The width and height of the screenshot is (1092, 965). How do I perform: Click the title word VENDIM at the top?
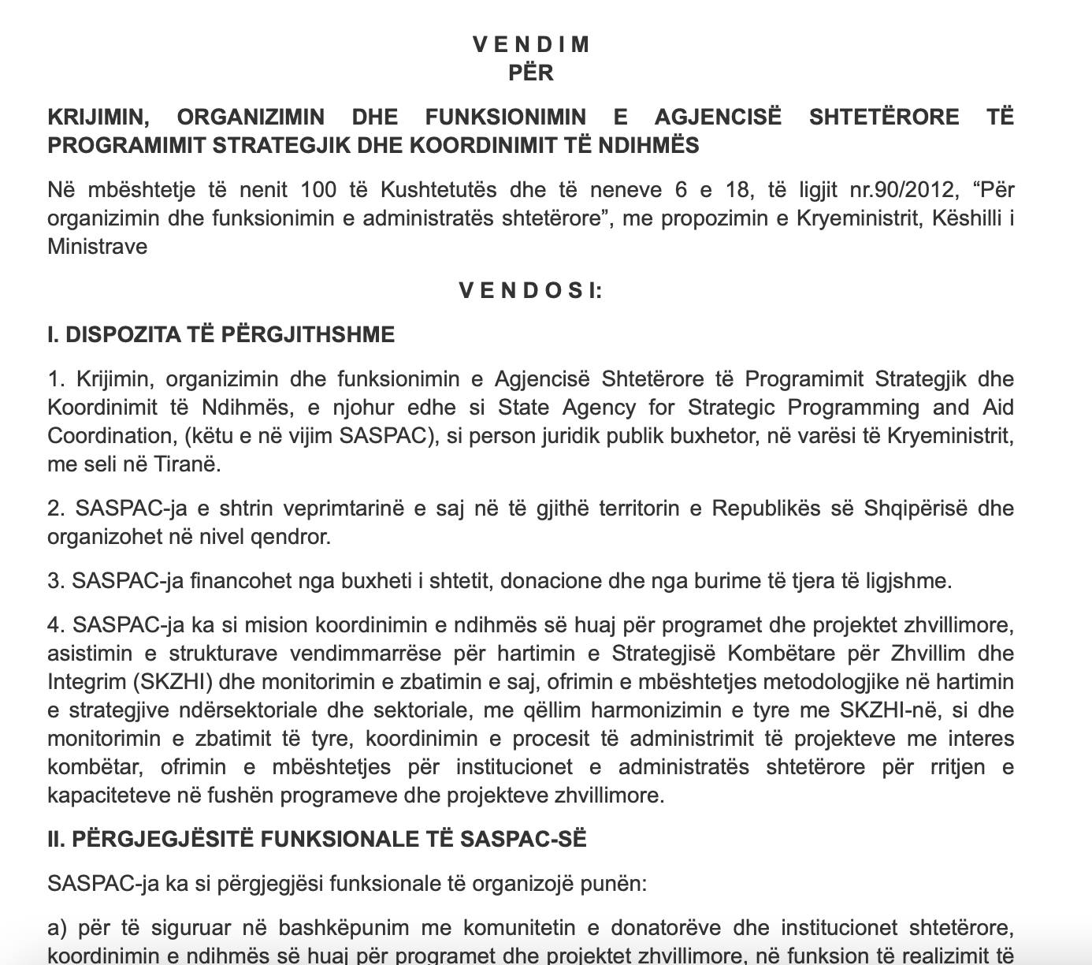point(531,44)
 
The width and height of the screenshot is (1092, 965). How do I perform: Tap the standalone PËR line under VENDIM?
point(531,73)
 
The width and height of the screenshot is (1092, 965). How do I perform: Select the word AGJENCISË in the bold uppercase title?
point(718,117)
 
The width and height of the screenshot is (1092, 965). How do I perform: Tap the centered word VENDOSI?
point(531,290)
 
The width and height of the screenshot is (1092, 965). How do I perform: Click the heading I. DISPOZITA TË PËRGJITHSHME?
point(221,334)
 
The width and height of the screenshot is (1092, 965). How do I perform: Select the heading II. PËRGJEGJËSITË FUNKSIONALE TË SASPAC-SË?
point(317,839)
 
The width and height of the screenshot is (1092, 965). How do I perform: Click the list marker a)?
point(58,928)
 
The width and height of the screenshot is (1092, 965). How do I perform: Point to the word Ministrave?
point(98,247)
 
